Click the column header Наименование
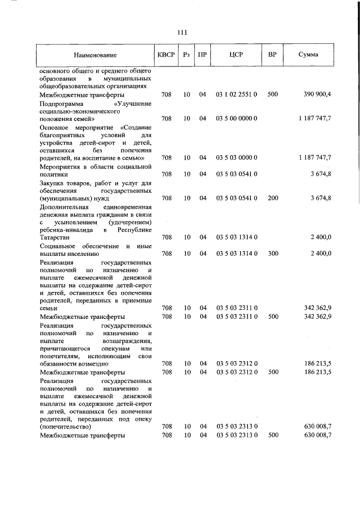pyautogui.click(x=94, y=55)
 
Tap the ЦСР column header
pyautogui.click(x=236, y=55)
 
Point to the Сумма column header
pyautogui.click(x=308, y=55)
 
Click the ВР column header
pyautogui.click(x=272, y=55)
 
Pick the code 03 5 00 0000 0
pyautogui.click(x=236, y=119)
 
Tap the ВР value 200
pyautogui.click(x=272, y=198)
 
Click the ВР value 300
pyautogui.click(x=272, y=254)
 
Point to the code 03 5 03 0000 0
pyautogui.click(x=236, y=157)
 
